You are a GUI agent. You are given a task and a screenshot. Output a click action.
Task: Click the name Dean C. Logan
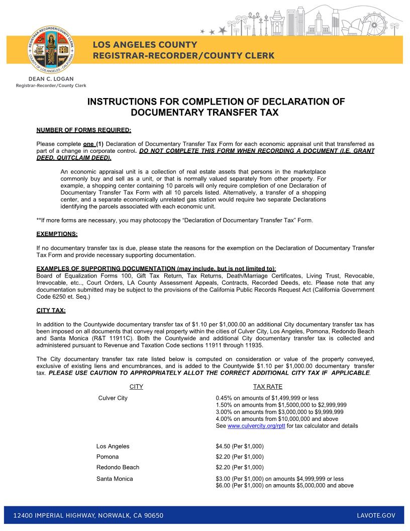point(51,79)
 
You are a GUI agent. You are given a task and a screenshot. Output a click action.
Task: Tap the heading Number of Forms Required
point(84,130)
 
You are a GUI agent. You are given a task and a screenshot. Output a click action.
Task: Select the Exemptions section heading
point(57,234)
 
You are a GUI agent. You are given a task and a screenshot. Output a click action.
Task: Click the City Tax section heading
point(51,310)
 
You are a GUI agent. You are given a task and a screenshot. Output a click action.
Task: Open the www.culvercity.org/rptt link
point(256,425)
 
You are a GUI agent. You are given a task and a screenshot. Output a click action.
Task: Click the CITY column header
point(136,387)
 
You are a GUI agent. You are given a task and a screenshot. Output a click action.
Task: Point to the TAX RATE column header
point(267,387)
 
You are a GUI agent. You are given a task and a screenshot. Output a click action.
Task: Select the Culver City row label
point(113,398)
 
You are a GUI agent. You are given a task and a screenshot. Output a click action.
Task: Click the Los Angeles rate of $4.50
point(239,446)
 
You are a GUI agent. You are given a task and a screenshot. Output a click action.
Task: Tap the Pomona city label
point(108,457)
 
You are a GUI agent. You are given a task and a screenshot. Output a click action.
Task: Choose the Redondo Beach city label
point(118,467)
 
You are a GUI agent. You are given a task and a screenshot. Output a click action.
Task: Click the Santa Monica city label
point(115,479)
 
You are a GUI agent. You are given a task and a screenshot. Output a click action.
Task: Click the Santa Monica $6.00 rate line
point(284,485)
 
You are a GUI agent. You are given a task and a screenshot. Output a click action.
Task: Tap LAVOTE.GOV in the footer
point(376,515)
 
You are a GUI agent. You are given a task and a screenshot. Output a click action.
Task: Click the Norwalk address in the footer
point(88,515)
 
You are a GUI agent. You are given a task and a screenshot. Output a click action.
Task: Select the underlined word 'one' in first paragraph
point(88,144)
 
